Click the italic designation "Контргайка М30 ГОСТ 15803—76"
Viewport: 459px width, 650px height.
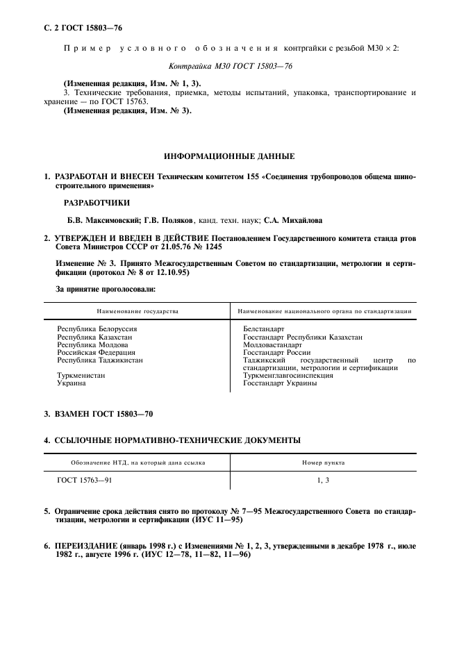[x=229, y=67]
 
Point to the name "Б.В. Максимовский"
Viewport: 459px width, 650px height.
[x=95, y=220]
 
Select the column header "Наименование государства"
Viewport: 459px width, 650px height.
[x=137, y=311]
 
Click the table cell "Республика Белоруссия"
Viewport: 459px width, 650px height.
[x=97, y=328]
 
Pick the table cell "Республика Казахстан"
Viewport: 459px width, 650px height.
[x=94, y=337]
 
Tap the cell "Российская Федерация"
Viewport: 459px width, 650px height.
[x=96, y=352]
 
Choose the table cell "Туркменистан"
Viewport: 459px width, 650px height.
[x=81, y=375]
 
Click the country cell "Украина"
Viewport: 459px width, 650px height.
[x=72, y=383]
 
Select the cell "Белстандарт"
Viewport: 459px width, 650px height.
[x=265, y=328]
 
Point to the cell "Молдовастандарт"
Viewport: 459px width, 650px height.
[x=273, y=344]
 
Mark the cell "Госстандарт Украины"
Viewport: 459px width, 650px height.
[x=281, y=383]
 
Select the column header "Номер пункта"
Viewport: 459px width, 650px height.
[x=323, y=462]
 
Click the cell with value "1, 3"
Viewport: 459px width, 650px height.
[x=323, y=479]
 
